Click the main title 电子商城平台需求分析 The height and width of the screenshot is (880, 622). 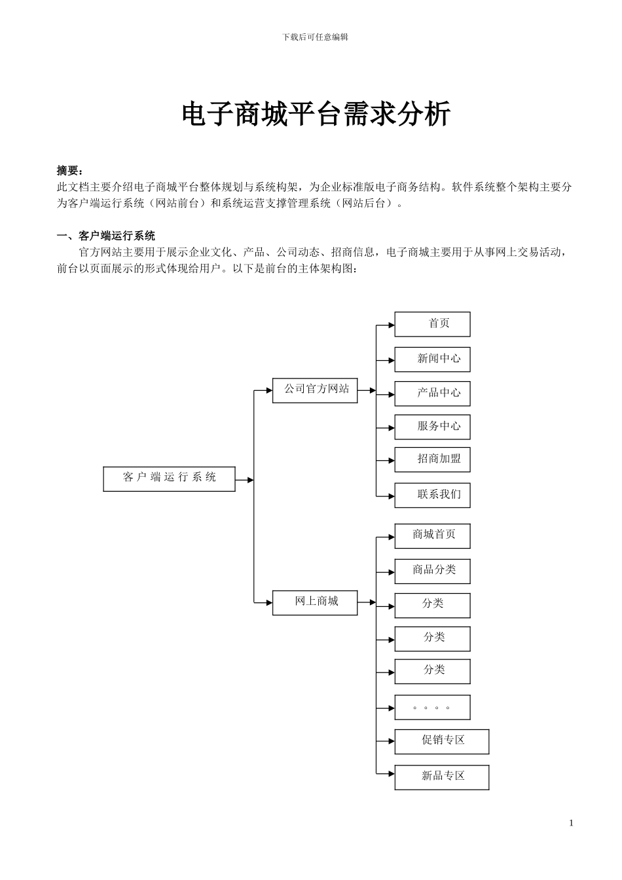pos(316,115)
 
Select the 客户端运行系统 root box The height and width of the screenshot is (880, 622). pos(169,478)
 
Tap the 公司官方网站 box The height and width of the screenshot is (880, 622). pos(315,390)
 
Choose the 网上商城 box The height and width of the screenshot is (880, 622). pos(315,602)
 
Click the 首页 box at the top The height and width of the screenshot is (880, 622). pos(432,324)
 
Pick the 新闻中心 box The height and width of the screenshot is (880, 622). pos(432,359)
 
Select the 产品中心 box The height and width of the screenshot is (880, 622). pos(432,394)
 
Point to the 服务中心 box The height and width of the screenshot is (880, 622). pos(432,427)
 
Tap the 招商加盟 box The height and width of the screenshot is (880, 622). pos(432,460)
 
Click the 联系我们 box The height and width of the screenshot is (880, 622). pos(432,495)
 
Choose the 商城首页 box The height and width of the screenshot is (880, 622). pos(432,536)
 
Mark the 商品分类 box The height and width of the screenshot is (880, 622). pos(432,571)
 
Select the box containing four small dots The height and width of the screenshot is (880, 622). pos(432,708)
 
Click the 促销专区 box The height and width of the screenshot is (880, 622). pos(442,741)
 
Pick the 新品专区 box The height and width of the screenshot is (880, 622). pos(442,777)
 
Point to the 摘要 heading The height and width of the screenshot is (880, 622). pos(70,171)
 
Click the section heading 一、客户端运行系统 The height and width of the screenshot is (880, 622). pos(106,236)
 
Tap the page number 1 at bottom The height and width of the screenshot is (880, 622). pos(571,823)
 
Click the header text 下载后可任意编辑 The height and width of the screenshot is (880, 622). pos(315,37)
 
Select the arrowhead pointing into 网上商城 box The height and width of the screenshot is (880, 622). pos(268,602)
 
